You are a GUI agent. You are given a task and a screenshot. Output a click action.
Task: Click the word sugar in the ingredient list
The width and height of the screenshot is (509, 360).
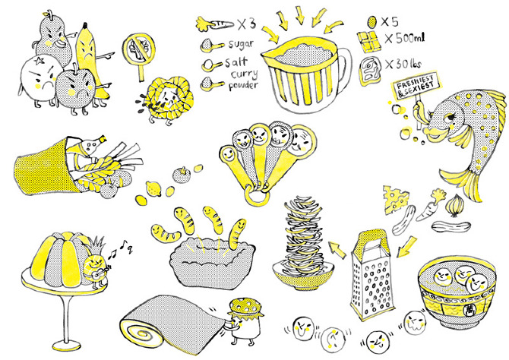[241, 44]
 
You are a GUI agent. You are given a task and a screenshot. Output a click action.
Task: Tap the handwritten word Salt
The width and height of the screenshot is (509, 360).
[236, 62]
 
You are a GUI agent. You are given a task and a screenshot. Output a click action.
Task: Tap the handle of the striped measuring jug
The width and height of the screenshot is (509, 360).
[345, 71]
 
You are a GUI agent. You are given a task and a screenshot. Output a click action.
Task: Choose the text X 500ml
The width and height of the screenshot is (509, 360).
[404, 39]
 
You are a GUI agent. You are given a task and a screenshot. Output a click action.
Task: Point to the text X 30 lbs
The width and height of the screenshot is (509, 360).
[403, 64]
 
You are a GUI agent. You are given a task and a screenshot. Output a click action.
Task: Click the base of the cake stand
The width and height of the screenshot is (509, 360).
[66, 345]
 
